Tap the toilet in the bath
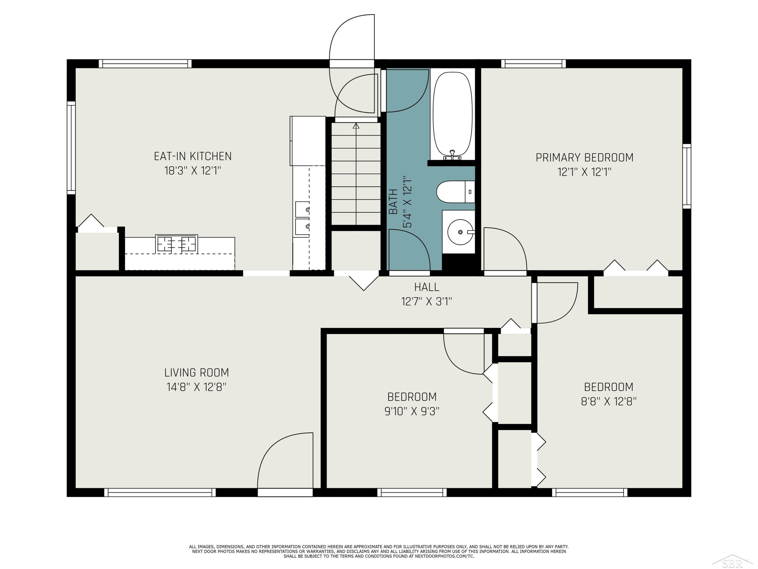coord(455,192)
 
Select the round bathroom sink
coord(460,232)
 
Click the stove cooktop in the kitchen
coord(176,244)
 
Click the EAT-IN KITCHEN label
coord(193,156)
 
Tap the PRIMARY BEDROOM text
coord(585,158)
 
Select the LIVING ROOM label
coord(196,373)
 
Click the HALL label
coord(427,287)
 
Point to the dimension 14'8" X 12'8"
coord(196,387)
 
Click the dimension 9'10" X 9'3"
coord(412,411)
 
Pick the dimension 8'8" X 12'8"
coord(609,401)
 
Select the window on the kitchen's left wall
coord(71,148)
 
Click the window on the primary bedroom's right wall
coord(687,176)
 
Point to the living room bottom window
coord(160,493)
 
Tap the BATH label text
coord(393,202)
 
